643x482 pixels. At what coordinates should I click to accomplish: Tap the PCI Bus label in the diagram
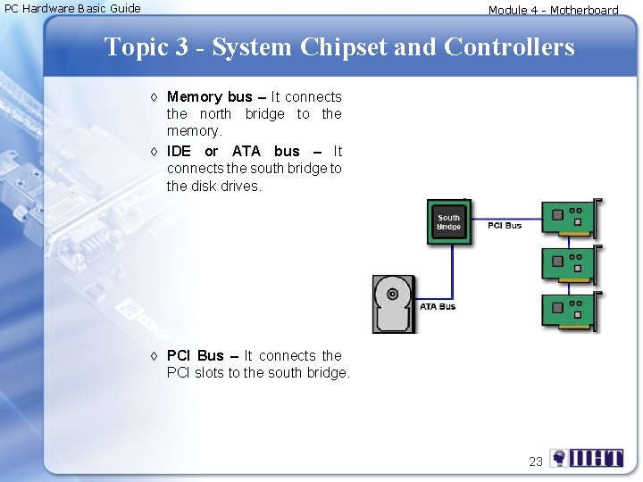(505, 226)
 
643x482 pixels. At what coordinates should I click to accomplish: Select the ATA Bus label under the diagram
(438, 307)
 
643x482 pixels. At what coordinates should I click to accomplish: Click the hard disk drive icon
(394, 303)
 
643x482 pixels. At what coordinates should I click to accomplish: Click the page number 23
(536, 461)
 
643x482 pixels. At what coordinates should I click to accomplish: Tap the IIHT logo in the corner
(587, 459)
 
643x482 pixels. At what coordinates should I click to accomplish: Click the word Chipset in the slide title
(344, 46)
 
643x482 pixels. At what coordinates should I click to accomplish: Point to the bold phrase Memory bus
(209, 96)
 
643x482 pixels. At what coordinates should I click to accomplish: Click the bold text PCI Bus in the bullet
(195, 355)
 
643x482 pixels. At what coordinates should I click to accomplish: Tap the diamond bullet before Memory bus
(154, 97)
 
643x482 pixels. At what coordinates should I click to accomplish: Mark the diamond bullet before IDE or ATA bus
(154, 152)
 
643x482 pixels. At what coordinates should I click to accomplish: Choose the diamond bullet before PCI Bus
(154, 356)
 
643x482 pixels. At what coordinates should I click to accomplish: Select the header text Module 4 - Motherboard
(553, 11)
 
